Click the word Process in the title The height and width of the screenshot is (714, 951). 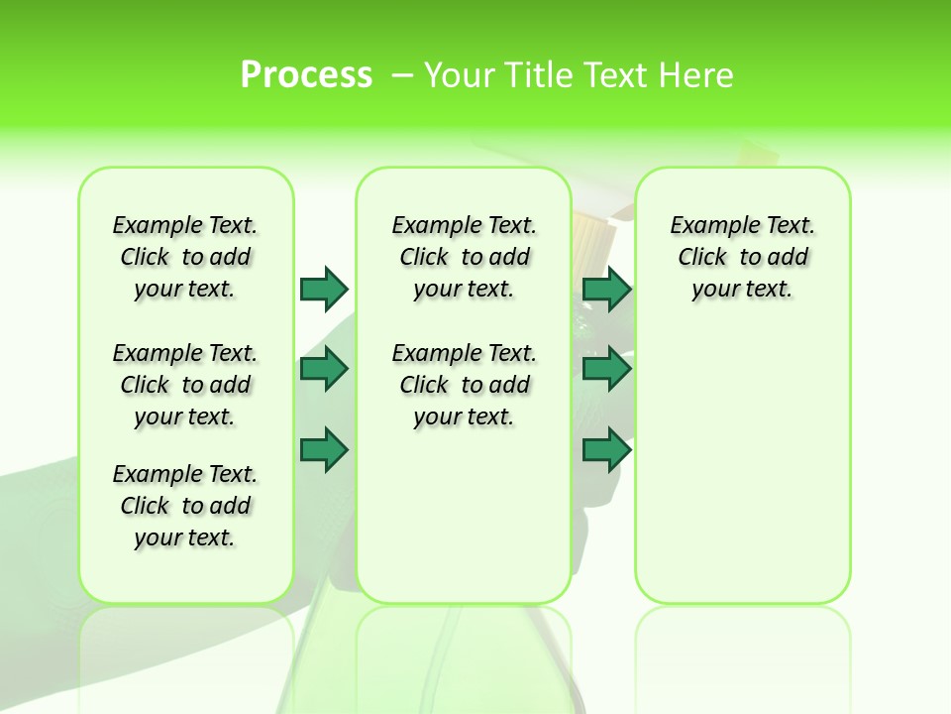306,74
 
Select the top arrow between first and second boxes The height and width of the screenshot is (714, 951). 324,289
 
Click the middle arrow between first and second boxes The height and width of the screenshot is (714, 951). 324,370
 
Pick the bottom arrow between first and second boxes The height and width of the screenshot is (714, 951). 324,450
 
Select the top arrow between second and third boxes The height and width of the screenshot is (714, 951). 606,289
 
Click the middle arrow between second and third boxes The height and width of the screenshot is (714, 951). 606,370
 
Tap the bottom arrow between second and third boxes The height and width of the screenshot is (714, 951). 606,450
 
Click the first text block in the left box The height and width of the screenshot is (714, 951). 185,257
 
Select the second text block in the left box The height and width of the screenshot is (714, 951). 185,385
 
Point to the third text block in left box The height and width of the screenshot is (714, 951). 185,506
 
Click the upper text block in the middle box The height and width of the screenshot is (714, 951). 465,257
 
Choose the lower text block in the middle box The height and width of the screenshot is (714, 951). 465,385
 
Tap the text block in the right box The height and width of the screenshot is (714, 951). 743,257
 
